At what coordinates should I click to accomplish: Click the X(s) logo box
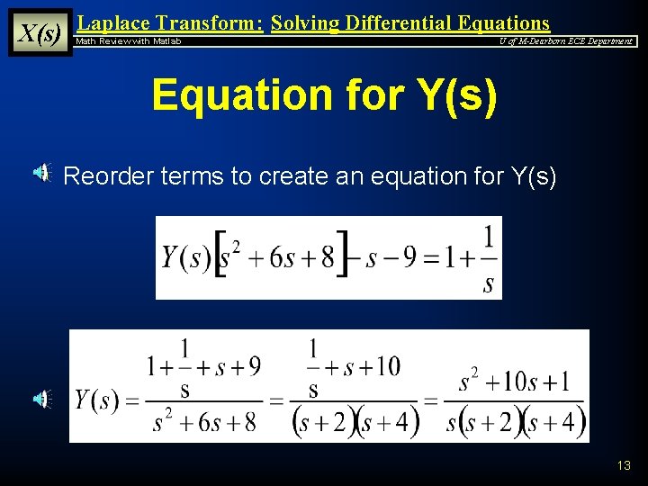[40, 33]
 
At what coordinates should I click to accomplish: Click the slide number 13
[624, 465]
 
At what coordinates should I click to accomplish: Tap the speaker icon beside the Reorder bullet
[43, 175]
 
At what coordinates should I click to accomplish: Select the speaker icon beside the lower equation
[43, 399]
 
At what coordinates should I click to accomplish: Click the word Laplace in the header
[114, 23]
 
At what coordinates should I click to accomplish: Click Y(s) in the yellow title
[445, 95]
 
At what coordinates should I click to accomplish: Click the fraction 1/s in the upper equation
[488, 260]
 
